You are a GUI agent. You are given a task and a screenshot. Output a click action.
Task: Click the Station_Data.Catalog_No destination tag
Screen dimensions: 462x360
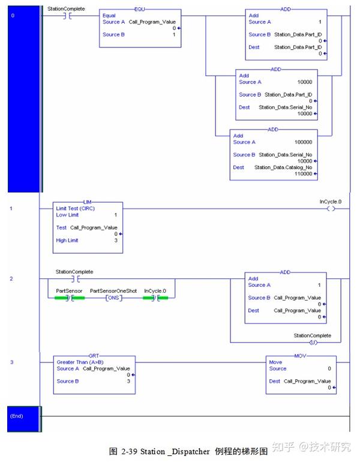(283, 167)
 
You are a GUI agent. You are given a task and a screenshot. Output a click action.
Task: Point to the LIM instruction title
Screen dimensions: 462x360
(89, 202)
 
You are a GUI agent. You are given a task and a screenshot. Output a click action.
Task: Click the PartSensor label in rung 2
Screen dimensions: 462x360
(68, 290)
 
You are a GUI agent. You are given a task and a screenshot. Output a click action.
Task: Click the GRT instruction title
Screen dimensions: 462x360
(94, 356)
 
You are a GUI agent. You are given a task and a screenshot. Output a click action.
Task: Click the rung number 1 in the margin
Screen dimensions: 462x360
(11, 209)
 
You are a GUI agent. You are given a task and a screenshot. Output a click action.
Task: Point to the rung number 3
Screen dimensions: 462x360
(11, 362)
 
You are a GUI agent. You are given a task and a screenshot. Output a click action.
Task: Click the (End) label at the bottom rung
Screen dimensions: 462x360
(16, 415)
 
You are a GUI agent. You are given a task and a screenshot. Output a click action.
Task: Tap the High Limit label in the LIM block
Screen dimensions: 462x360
(67, 241)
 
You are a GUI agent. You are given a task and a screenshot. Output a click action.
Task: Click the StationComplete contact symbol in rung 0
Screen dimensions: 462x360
(68, 16)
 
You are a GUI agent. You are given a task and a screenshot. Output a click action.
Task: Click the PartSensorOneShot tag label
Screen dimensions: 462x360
(113, 290)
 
